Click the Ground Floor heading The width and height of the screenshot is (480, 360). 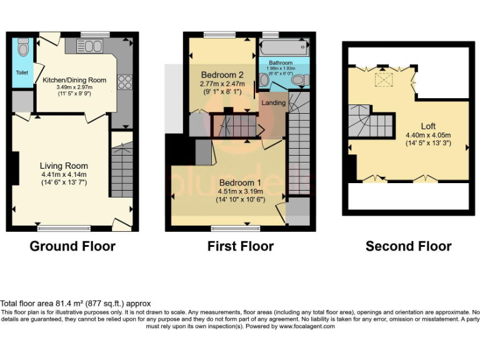click(72, 246)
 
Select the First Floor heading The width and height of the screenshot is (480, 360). click(240, 246)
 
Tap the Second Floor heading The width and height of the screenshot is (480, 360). click(408, 246)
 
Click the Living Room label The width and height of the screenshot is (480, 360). click(64, 166)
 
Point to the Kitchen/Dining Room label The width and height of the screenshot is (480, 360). click(74, 80)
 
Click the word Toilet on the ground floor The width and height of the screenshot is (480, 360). click(22, 72)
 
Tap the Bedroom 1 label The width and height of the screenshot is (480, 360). click(241, 182)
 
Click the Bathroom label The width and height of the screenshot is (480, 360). click(281, 63)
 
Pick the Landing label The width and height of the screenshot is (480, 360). click(274, 102)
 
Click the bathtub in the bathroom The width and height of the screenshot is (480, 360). click(283, 47)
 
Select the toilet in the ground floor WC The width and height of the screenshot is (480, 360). click(24, 47)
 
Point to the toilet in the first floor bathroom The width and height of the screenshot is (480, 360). click(298, 79)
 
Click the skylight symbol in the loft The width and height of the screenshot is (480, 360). click(381, 79)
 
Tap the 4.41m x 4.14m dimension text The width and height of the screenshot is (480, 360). click(64, 174)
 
